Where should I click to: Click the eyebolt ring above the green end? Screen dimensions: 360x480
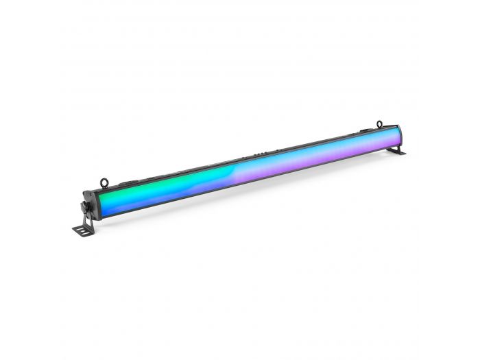click(104, 182)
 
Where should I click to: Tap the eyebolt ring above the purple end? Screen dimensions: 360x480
click(379, 123)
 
